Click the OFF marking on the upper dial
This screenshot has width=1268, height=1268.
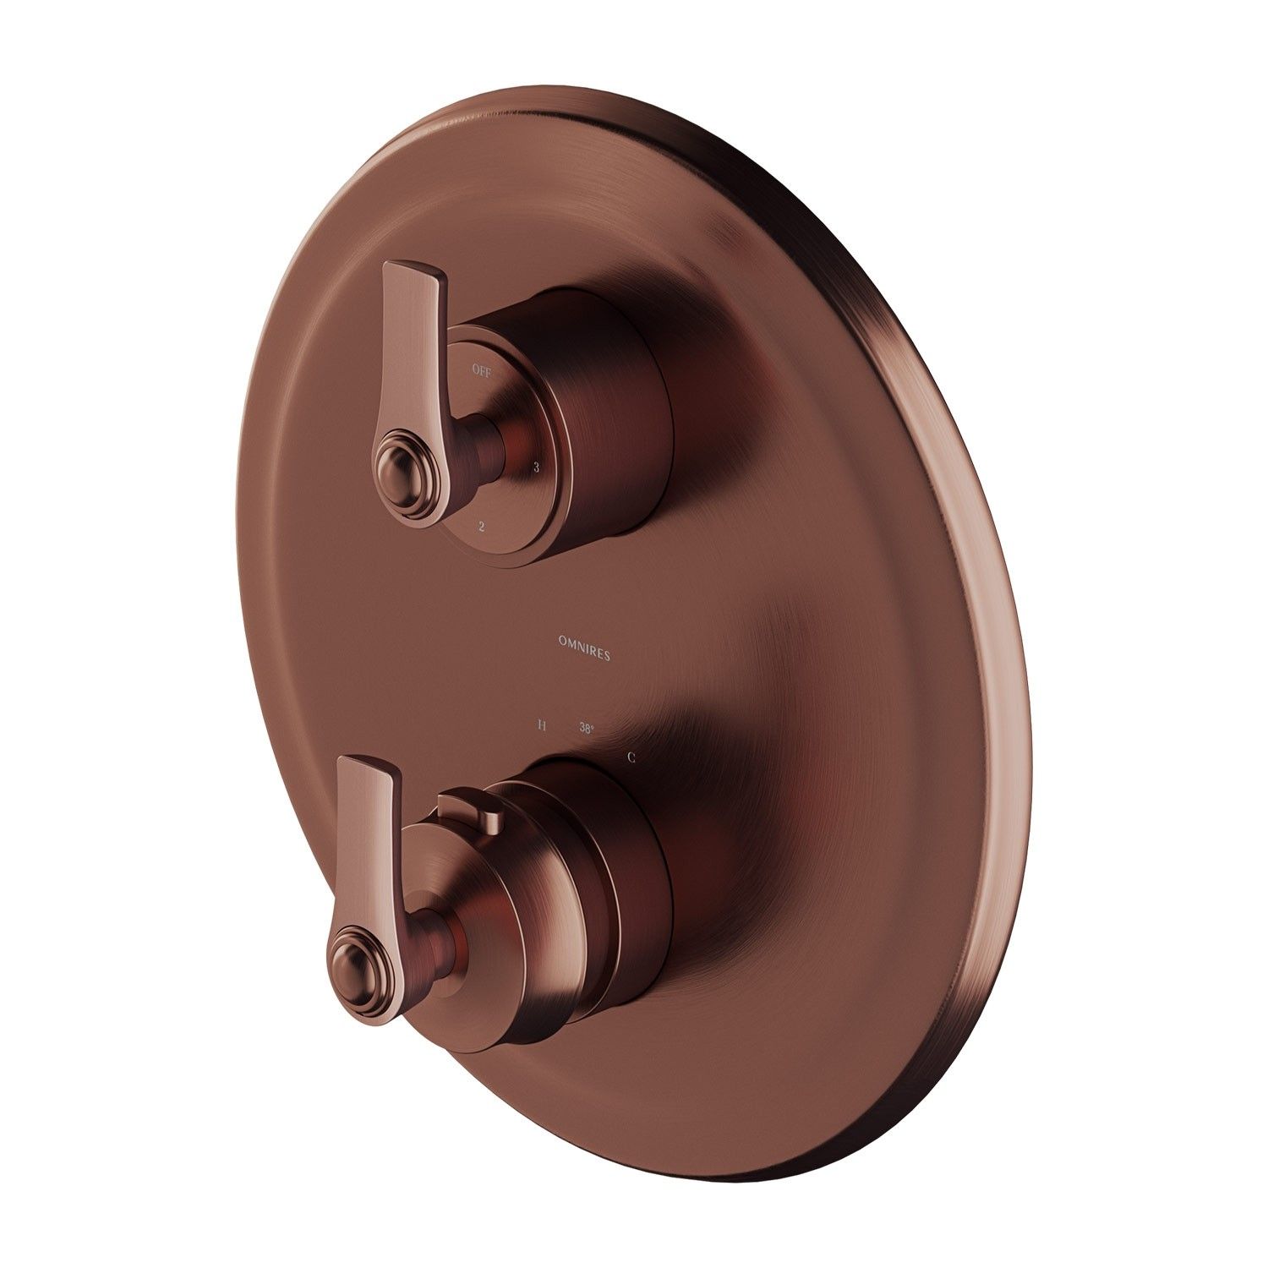click(481, 369)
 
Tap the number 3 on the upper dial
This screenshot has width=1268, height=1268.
click(536, 467)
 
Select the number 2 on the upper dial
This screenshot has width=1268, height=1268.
click(481, 527)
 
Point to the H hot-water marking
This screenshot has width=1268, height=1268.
click(541, 725)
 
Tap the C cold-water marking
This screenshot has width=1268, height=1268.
click(631, 757)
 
